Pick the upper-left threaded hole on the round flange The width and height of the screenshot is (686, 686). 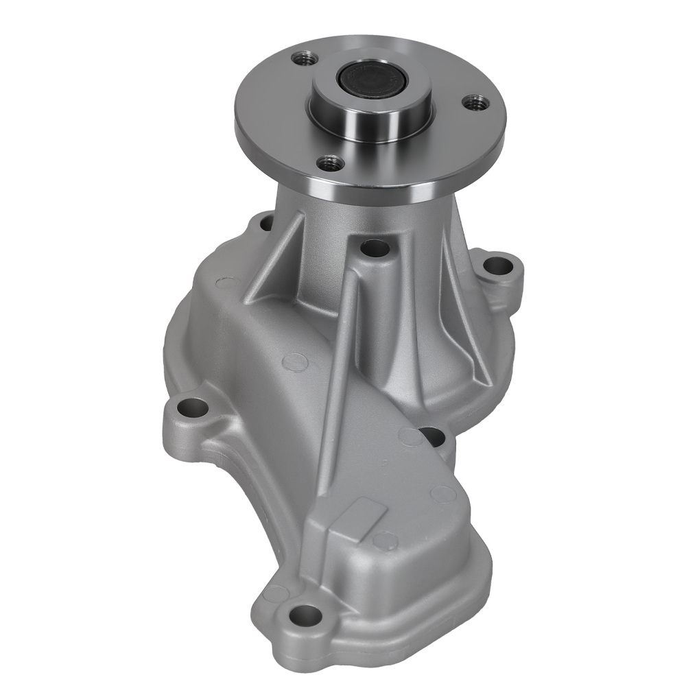[300, 59]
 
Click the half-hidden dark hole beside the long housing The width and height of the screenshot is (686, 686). [430, 434]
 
